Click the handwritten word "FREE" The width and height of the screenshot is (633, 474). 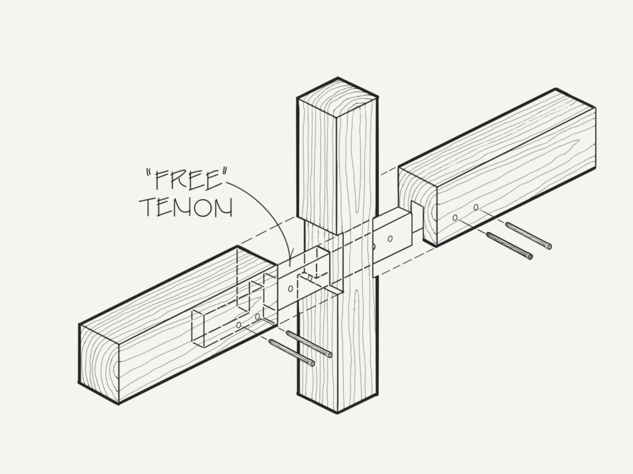pyautogui.click(x=185, y=180)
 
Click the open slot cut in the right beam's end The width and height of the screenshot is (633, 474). pyautogui.click(x=417, y=218)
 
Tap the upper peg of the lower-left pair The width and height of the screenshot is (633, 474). pyautogui.click(x=310, y=344)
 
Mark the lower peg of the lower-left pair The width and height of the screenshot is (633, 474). pyautogui.click(x=292, y=353)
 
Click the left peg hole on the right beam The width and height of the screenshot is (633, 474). pyautogui.click(x=456, y=218)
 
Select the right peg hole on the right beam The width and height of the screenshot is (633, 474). pyautogui.click(x=476, y=208)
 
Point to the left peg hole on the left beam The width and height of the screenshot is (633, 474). pyautogui.click(x=239, y=325)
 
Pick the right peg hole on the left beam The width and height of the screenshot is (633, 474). pyautogui.click(x=257, y=316)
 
